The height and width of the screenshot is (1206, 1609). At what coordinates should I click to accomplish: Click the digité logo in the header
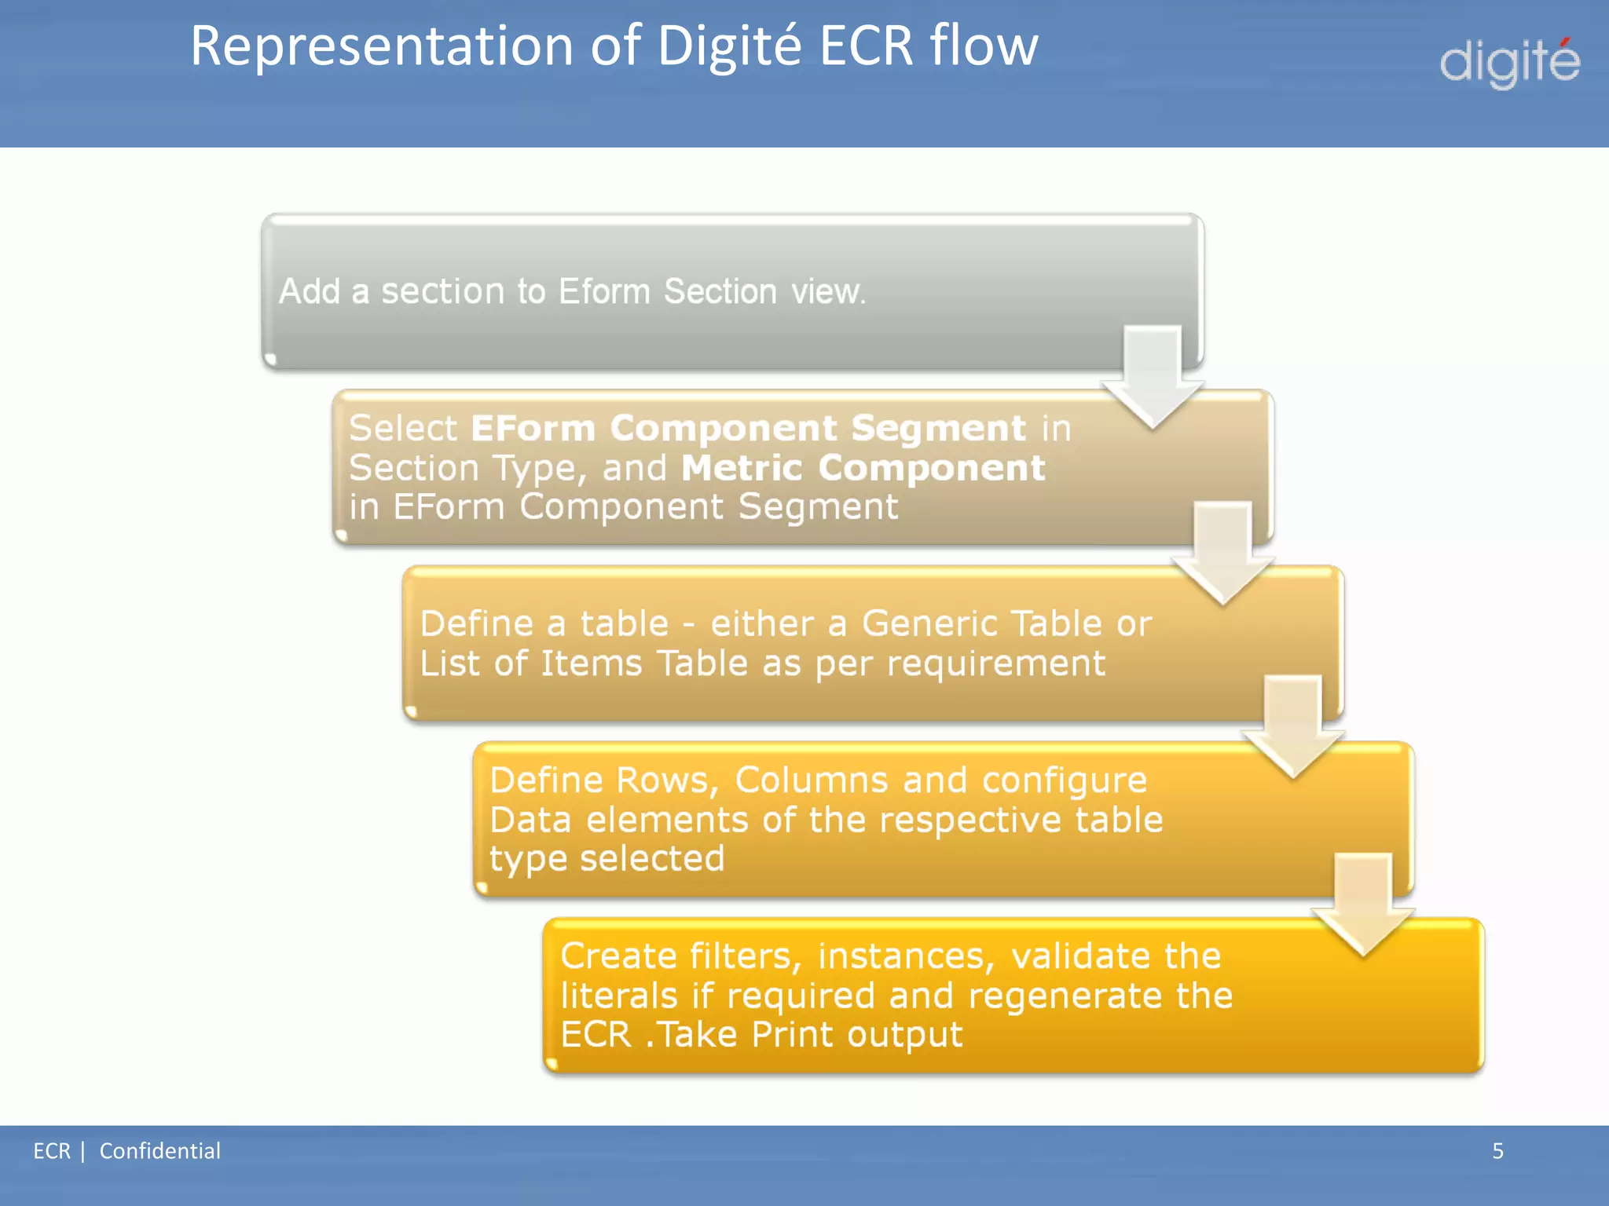1508,63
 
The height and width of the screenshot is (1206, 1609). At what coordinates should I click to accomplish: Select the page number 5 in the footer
1497,1151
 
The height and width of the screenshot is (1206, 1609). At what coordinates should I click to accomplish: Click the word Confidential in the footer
159,1151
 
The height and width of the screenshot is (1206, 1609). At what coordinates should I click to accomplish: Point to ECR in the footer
51,1151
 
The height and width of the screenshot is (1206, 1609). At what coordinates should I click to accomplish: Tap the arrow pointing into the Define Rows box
1292,727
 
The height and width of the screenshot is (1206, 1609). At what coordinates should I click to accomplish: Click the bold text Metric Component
863,468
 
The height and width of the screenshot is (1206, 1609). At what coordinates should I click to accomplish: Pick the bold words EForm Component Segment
748,429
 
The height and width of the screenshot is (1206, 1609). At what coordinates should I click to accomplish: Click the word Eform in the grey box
604,292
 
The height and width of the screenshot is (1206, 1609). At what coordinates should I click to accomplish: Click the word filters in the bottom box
745,956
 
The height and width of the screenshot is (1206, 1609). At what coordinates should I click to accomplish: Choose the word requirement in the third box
995,664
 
